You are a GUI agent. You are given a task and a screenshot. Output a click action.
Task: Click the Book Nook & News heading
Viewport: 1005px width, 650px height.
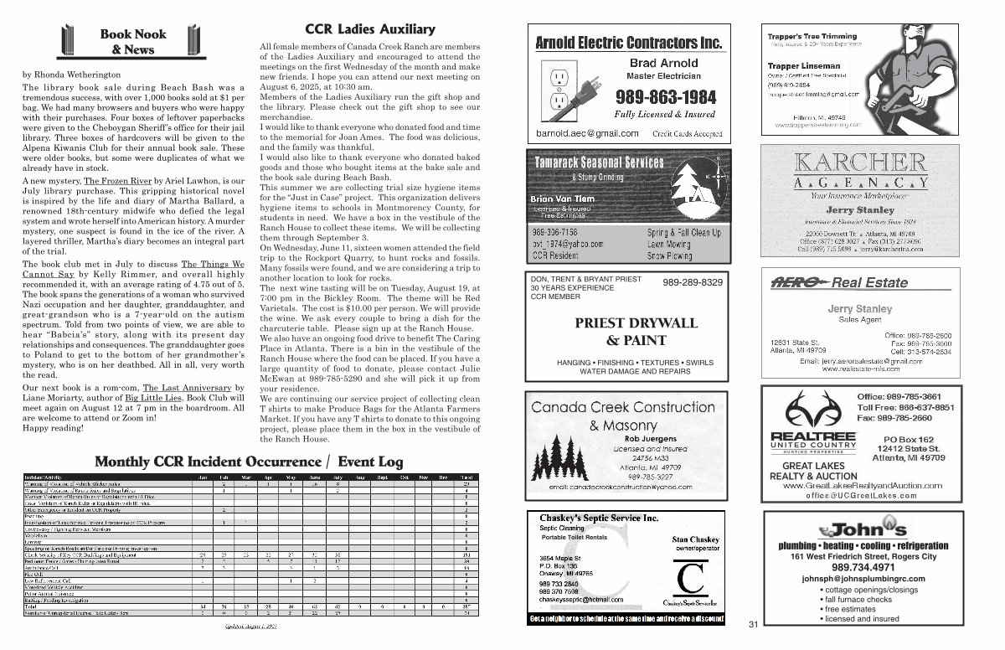tap(133, 42)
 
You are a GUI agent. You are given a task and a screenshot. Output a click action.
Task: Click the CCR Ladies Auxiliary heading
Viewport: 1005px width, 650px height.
tap(358, 29)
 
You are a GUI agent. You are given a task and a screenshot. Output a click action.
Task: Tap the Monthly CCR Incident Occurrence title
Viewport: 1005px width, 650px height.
tap(249, 462)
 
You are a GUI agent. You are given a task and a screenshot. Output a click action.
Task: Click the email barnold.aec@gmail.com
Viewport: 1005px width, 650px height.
tap(587, 133)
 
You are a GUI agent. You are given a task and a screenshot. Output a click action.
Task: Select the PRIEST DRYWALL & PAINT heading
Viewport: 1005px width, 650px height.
tap(625, 331)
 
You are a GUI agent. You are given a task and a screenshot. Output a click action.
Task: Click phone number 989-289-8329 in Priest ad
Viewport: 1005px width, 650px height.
tap(693, 283)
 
